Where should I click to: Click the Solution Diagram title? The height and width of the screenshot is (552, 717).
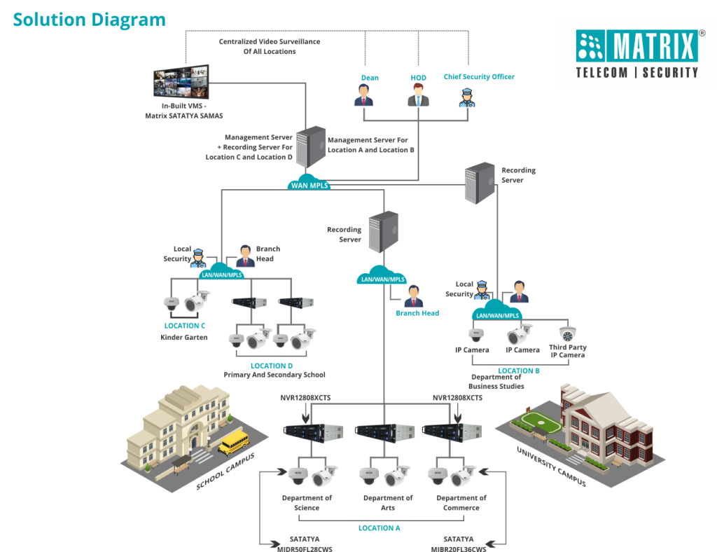90,20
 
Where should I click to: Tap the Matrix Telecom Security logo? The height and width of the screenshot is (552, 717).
636,53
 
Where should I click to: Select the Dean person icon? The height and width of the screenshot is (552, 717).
363,95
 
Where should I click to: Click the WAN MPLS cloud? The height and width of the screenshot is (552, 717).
309,184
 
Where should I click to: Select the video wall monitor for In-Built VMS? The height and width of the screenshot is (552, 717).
181,81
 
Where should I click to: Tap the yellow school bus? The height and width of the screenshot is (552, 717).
233,442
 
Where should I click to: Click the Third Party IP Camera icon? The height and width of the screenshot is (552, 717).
567,334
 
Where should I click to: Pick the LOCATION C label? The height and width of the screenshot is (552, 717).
185,326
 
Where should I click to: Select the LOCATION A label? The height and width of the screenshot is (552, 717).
379,527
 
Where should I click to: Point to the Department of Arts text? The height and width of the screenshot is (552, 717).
388,503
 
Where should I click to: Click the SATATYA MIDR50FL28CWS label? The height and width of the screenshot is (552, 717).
305,544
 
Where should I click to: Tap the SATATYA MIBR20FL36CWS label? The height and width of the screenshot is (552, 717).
458,544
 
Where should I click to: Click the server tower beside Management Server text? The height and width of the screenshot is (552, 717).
310,146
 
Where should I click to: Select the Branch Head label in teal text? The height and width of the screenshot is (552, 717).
417,313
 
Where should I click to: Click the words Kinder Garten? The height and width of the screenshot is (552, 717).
184,337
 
